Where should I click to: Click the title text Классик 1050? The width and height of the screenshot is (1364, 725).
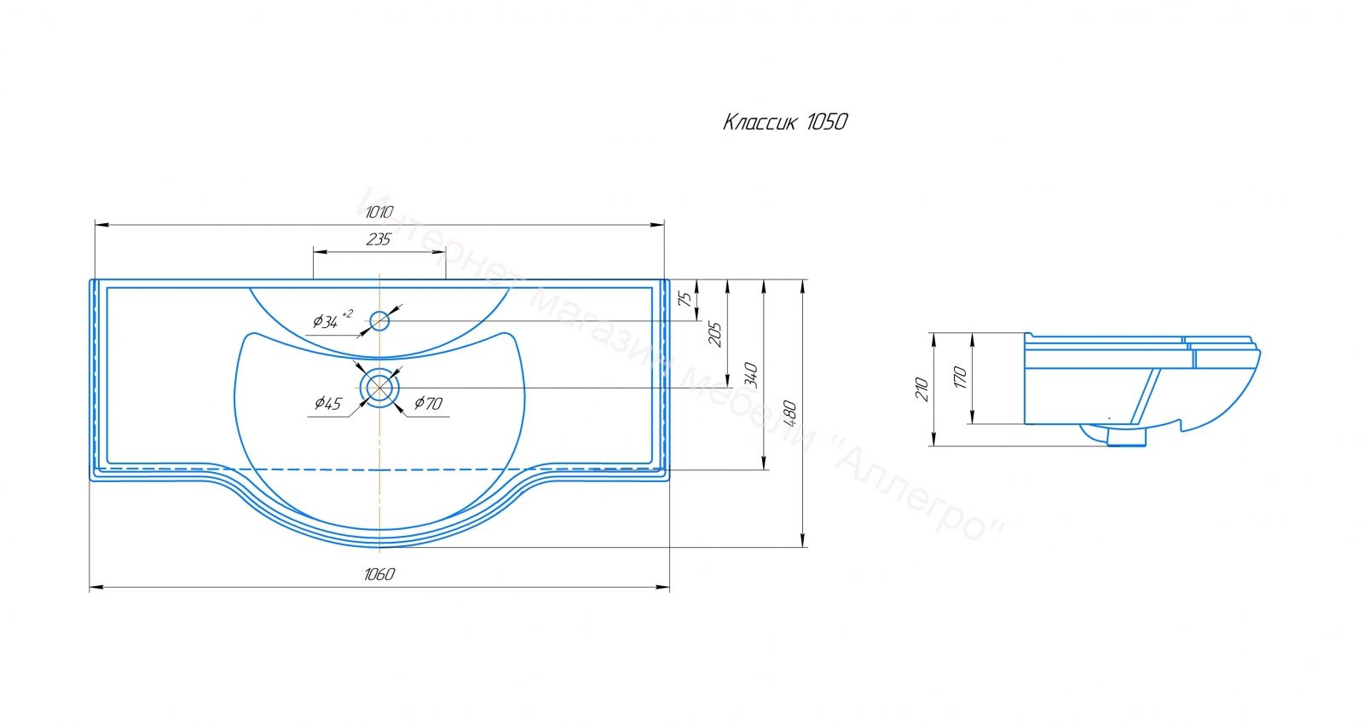coord(785,123)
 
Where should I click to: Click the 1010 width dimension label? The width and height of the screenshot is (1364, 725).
coord(379,212)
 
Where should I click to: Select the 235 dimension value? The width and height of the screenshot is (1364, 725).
coord(379,239)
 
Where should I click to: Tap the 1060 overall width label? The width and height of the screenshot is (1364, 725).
coord(379,574)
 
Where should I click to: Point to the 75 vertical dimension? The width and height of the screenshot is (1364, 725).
coord(685,299)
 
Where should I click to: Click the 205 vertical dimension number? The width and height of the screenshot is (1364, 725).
coord(715,334)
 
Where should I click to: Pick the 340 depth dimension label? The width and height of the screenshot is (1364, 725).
coord(751,375)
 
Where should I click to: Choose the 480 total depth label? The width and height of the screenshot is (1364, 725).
coord(789,413)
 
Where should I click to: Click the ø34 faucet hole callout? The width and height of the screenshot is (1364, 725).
coord(332,319)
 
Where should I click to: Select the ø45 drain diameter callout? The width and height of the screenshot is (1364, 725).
coord(328,403)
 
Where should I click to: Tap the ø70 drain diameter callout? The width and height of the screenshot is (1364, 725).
coord(428,403)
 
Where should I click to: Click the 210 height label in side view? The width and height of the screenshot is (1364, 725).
coord(922,389)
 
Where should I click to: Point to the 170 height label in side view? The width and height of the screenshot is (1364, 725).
coord(960,378)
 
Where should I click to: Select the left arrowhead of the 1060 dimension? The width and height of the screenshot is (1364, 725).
coord(97,588)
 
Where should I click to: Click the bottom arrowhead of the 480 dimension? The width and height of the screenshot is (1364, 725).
coord(802,540)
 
